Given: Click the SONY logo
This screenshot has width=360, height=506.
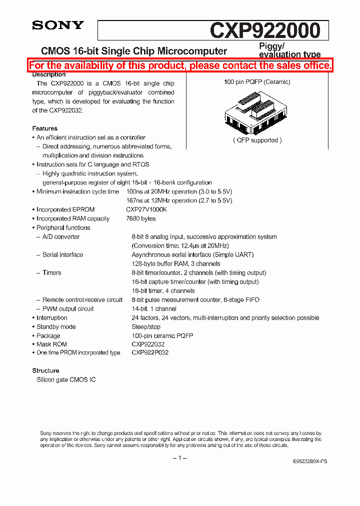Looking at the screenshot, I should pyautogui.click(x=58, y=25).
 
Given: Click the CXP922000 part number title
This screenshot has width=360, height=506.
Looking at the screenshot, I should pyautogui.click(x=264, y=30).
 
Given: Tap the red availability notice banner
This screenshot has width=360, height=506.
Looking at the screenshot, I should pyautogui.click(x=180, y=65).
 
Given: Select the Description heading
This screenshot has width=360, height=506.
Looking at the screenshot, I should pyautogui.click(x=49, y=74).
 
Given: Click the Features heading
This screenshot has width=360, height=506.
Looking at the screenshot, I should pyautogui.click(x=45, y=128).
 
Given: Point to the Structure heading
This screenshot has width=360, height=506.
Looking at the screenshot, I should pyautogui.click(x=46, y=370).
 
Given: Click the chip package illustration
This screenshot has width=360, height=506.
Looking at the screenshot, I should pyautogui.click(x=257, y=114).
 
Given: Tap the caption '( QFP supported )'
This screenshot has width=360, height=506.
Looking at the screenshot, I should pyautogui.click(x=257, y=140).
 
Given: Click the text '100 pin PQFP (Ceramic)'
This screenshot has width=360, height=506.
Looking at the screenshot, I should pyautogui.click(x=257, y=82).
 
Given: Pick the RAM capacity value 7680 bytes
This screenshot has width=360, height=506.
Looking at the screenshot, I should pyautogui.click(x=141, y=218).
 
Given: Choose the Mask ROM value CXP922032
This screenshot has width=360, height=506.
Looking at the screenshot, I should pyautogui.click(x=148, y=344).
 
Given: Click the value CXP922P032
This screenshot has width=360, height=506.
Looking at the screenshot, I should pyautogui.click(x=150, y=352).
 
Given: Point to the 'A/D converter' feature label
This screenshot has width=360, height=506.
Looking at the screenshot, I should pyautogui.click(x=61, y=237).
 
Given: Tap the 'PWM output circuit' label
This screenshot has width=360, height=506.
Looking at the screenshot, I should pyautogui.click(x=68, y=309).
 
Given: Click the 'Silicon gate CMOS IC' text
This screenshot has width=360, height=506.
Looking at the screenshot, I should pyautogui.click(x=66, y=380).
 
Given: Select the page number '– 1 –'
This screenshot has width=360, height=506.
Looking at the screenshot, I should pyautogui.click(x=179, y=458).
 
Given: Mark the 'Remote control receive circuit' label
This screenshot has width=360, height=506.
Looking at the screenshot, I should pyautogui.click(x=82, y=300).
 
